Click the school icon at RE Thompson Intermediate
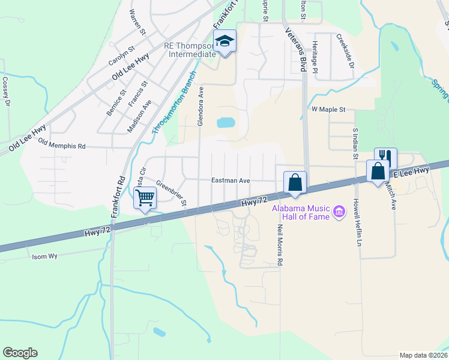pyautogui.click(x=225, y=41)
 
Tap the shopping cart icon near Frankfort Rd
pyautogui.click(x=145, y=197)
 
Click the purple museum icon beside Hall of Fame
pyautogui.click(x=339, y=211)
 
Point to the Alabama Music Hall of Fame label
pyautogui.click(x=300, y=212)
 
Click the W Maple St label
pyautogui.click(x=328, y=110)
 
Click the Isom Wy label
pyautogui.click(x=44, y=256)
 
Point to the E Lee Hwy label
pyautogui.click(x=412, y=171)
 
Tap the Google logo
pyautogui.click(x=20, y=353)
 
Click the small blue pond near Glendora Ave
pyautogui.click(x=226, y=123)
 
